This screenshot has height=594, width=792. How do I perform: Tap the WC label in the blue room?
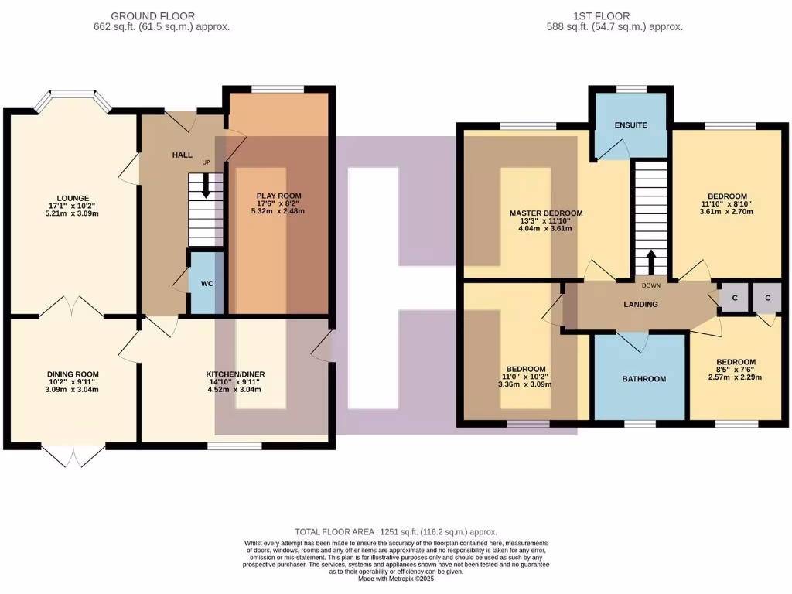click(207, 283)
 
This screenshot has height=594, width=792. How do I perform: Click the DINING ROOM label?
click(73, 374)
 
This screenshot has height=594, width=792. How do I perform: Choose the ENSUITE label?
click(630, 125)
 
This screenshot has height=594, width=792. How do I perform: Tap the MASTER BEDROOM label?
click(546, 213)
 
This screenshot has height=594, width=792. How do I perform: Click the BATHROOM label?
click(643, 379)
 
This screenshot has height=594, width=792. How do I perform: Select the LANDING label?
click(640, 305)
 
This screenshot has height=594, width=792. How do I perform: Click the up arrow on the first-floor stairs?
click(650, 262)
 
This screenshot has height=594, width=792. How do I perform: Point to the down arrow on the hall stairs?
click(206, 185)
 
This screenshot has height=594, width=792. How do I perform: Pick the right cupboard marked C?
click(767, 298)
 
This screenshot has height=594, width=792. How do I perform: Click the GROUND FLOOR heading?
click(152, 15)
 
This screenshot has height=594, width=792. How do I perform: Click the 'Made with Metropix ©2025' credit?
click(395, 579)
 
